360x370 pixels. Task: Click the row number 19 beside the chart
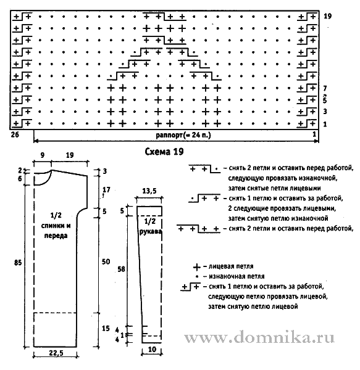click(x=328, y=16)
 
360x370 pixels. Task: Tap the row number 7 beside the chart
click(x=325, y=88)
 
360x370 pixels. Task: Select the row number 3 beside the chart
click(x=325, y=112)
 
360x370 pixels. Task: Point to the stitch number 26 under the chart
click(x=15, y=134)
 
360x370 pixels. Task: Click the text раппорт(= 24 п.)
click(x=183, y=135)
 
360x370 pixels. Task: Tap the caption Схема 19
click(x=164, y=152)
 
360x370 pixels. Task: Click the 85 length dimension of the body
click(x=18, y=263)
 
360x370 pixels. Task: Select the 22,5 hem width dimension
click(x=56, y=353)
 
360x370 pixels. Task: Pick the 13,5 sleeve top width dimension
click(x=149, y=191)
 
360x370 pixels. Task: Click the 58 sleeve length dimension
click(x=121, y=269)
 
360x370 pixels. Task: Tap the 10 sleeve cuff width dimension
click(x=152, y=350)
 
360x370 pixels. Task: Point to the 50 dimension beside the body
click(x=106, y=261)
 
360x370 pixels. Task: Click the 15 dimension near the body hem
click(x=106, y=328)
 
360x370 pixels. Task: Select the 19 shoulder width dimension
click(x=70, y=155)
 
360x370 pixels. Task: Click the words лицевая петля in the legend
click(x=231, y=266)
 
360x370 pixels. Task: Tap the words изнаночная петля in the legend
click(x=237, y=276)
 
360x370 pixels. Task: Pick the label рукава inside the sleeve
click(x=151, y=231)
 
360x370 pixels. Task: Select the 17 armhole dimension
click(x=106, y=189)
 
